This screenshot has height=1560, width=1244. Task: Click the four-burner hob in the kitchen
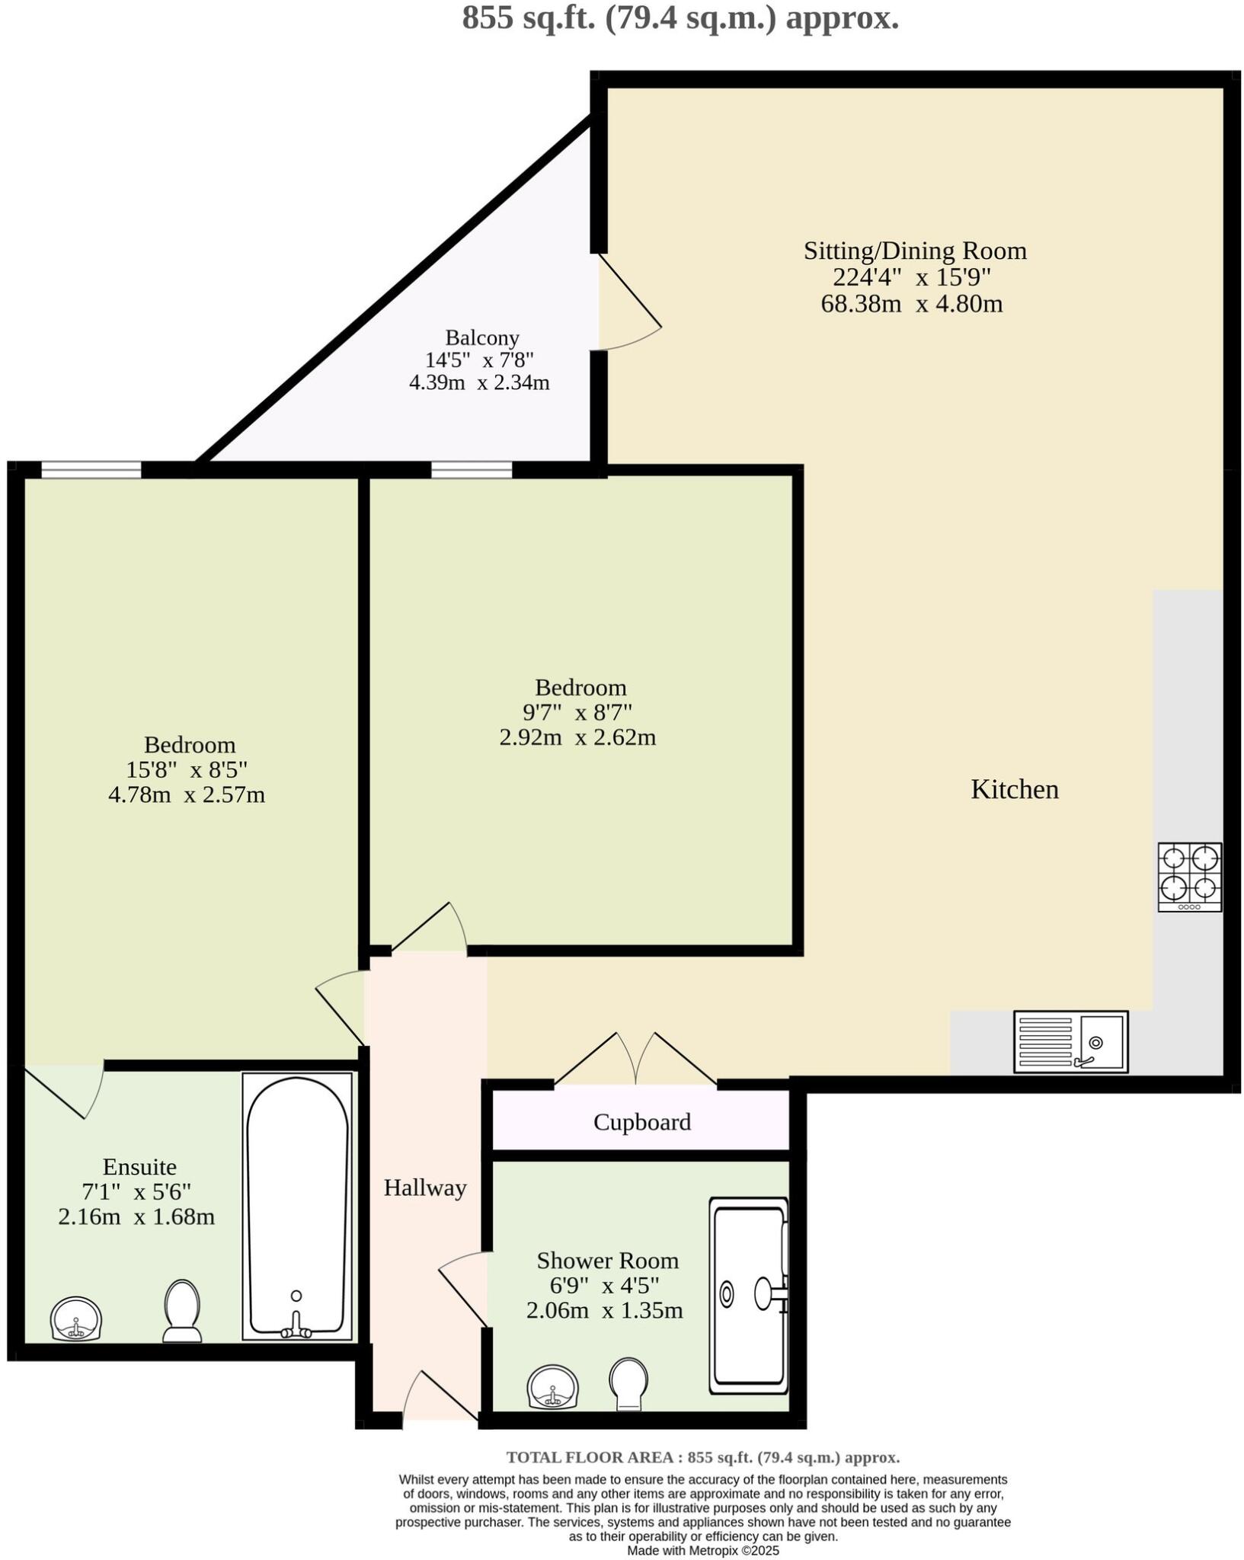point(1189,876)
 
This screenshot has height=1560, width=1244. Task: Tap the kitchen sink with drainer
point(1070,1041)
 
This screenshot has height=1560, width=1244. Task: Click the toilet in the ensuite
point(182,1310)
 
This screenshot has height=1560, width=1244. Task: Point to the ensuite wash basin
point(76,1319)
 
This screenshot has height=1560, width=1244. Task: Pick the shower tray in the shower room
point(749,1296)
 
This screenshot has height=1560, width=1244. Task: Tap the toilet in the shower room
point(628,1383)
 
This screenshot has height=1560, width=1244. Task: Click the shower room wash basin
point(553,1386)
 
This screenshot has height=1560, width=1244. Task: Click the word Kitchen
point(1015,789)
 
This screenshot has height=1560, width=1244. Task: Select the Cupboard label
point(642,1122)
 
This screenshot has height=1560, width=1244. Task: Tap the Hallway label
point(425,1188)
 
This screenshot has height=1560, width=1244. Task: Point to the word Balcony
point(482,337)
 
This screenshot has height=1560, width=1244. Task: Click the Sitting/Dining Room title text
point(915,251)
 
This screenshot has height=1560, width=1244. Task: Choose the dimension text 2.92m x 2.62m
point(577,737)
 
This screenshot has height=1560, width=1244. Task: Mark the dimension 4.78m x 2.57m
point(187,795)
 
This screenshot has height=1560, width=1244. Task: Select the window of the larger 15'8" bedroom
point(91,470)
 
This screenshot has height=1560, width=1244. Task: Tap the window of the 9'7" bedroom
point(472,470)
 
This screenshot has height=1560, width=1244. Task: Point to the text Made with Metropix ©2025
point(703,1550)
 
